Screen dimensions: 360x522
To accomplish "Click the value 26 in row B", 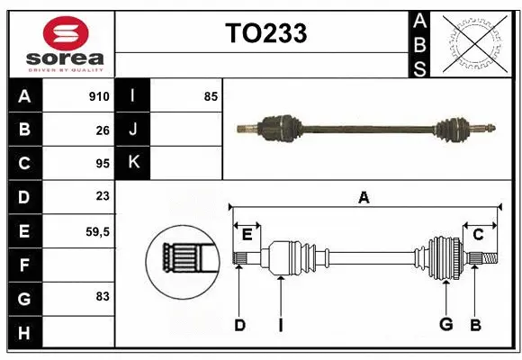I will pos(103,130).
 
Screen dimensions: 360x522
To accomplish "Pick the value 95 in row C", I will pos(103,164).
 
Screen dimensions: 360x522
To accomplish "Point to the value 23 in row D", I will pos(103,196).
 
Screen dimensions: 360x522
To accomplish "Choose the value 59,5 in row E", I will pos(98,231).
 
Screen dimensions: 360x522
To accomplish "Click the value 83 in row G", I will pos(103,295).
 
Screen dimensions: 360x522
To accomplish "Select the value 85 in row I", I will pos(211,96).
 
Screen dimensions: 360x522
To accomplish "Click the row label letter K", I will pos(133,162).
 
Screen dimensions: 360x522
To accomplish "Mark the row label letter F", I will pos(24,265).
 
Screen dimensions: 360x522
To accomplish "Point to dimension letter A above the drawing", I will pos(364,196).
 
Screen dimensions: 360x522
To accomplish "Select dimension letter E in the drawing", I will pos(247,235).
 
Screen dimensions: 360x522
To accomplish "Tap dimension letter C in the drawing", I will pos(479,235).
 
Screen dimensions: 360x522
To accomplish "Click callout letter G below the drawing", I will pos(445,325).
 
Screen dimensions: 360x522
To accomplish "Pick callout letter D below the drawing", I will pos(239,325).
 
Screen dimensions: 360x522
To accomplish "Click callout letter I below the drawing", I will pos(280,325).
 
